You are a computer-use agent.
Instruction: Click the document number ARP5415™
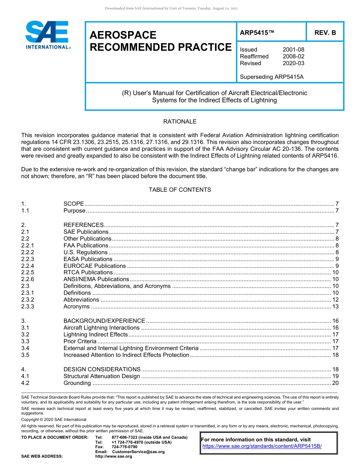click(257, 33)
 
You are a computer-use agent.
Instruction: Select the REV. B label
click(325, 33)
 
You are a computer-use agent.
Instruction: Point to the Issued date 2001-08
click(293, 50)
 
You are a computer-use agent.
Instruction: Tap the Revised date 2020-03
click(293, 63)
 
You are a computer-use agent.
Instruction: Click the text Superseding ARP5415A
click(272, 77)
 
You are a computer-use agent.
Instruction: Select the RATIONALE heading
click(180, 122)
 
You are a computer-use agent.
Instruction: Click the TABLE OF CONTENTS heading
click(180, 189)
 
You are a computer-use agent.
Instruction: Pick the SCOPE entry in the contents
click(74, 204)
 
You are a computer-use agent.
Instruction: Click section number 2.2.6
click(28, 279)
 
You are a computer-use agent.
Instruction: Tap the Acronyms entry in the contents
click(77, 306)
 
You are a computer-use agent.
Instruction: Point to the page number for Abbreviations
click(335, 300)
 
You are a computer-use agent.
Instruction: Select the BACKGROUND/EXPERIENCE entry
click(104, 321)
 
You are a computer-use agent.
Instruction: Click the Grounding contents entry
click(77, 383)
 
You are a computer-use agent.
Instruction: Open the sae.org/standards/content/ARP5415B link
click(262, 446)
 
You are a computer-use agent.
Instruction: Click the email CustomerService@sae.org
click(138, 452)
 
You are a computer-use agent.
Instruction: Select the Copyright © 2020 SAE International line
click(54, 419)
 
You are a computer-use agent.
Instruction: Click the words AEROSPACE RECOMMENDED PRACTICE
click(160, 41)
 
